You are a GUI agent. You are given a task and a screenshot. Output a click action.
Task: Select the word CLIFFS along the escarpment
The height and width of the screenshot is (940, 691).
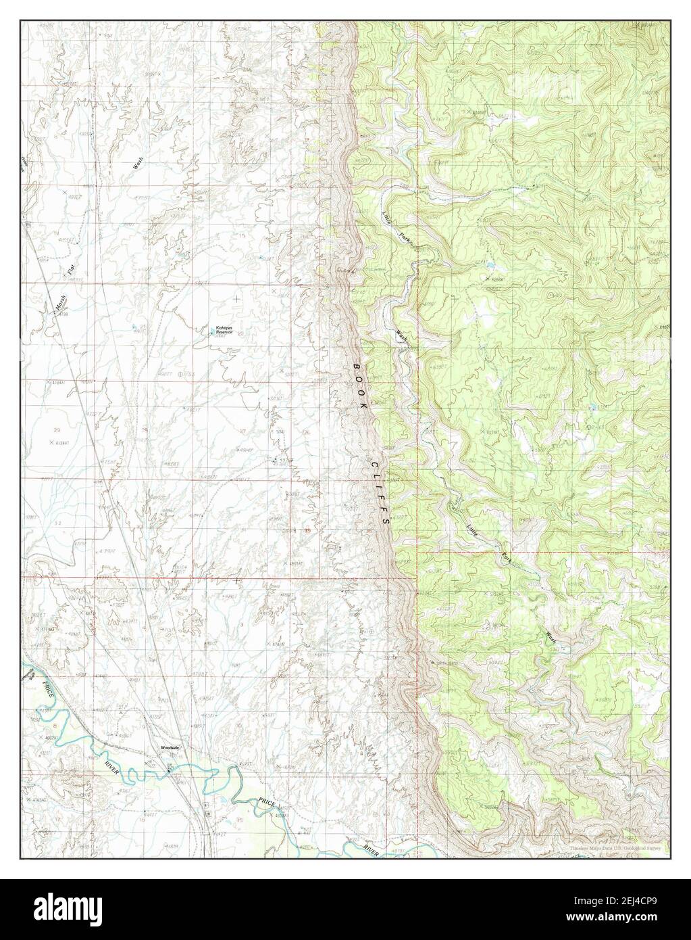(380, 494)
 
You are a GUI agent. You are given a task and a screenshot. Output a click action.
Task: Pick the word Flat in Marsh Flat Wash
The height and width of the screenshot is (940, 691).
(70, 268)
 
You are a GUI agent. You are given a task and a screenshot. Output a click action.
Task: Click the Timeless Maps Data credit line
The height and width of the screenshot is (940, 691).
(607, 847)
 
